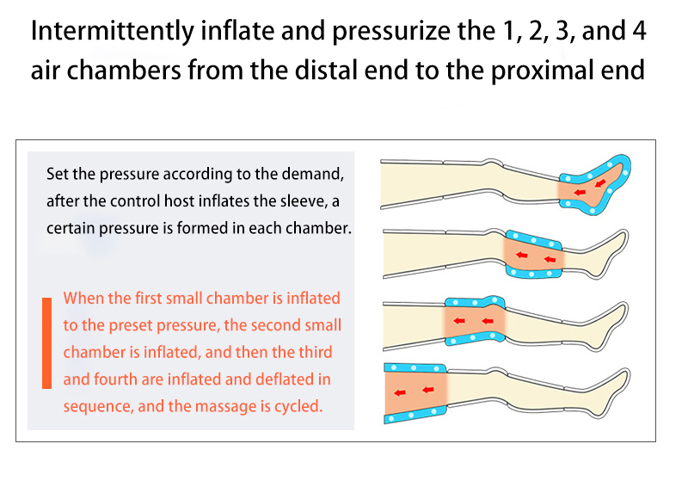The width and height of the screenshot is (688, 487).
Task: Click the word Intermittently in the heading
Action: tap(113, 32)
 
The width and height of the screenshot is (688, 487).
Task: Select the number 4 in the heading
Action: tap(639, 31)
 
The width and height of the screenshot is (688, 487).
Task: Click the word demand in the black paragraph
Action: tap(312, 175)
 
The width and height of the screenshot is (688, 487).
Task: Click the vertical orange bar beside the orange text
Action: tap(47, 343)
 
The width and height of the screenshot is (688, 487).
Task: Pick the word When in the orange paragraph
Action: tap(83, 299)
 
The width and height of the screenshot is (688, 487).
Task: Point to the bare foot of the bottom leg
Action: tap(609, 392)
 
